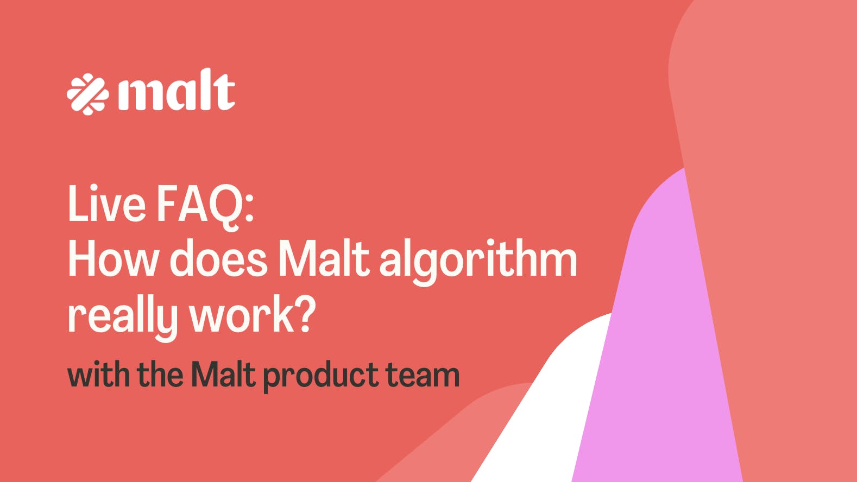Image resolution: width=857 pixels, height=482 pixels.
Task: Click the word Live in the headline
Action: coord(106,204)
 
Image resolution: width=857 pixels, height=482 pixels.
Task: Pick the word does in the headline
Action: coord(218,260)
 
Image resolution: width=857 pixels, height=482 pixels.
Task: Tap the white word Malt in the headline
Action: coord(324,259)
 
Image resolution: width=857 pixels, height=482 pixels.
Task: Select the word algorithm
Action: coord(478,261)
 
